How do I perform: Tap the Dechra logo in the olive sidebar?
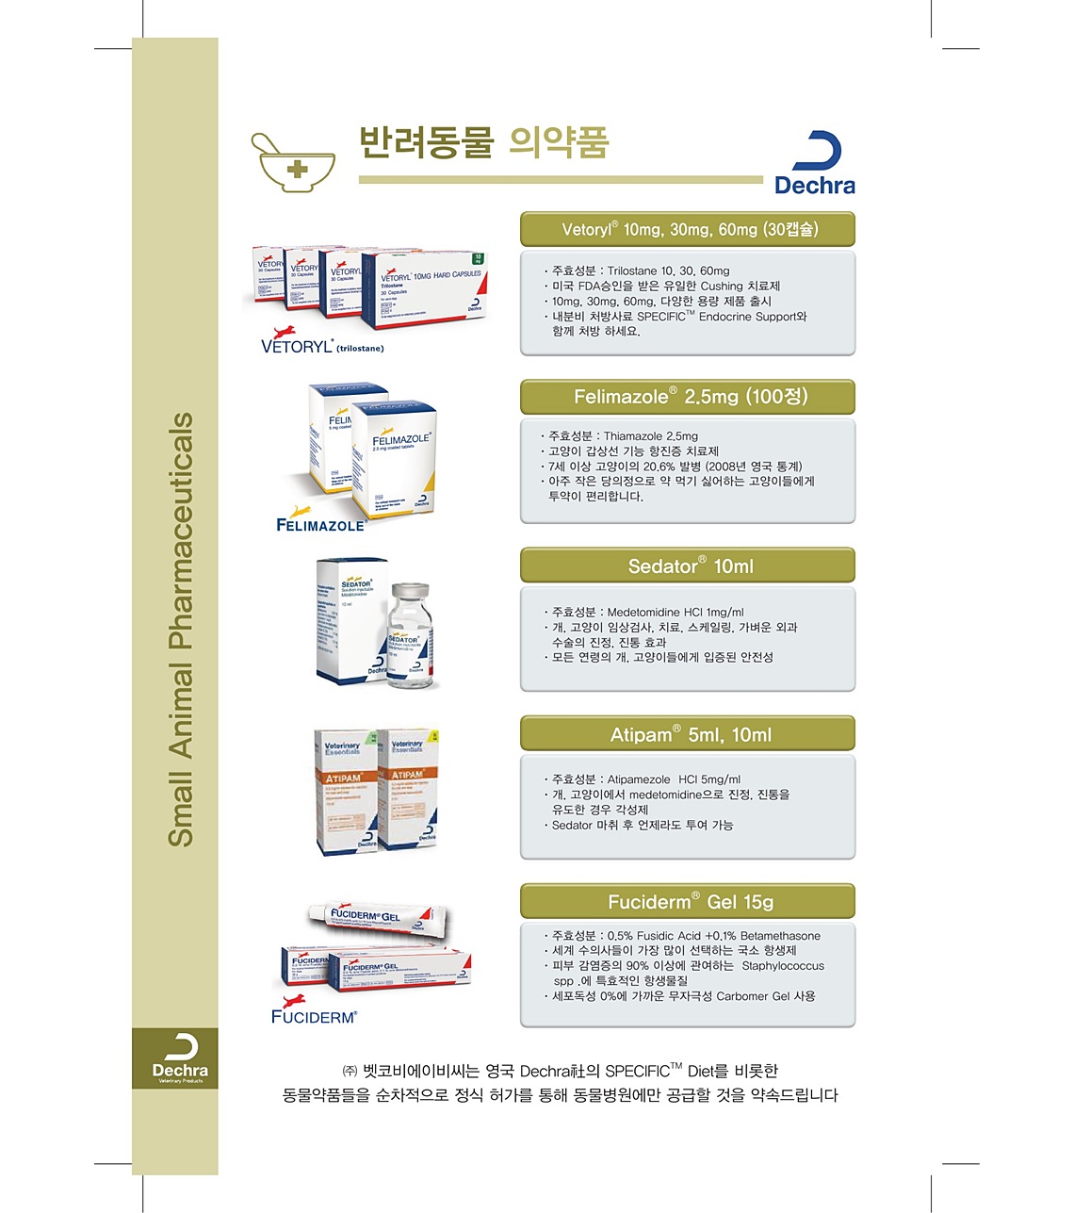point(179,1058)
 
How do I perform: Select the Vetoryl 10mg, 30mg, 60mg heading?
point(688,229)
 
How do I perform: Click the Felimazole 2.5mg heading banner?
point(688,397)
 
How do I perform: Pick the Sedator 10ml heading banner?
point(688,566)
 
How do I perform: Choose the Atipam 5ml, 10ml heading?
point(688,733)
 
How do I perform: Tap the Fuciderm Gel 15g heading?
point(688,901)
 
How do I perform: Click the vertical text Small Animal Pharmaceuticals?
point(180,629)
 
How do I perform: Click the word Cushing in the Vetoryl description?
point(722,287)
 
